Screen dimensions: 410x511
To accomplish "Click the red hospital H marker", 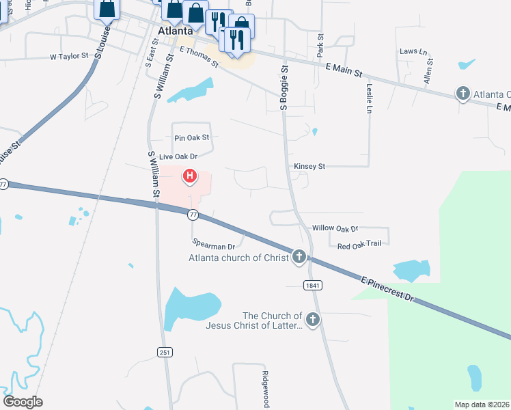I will tap(190, 178).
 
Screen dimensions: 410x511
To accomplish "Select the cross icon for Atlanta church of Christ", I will tap(299, 258).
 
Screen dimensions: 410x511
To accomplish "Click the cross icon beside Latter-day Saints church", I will tap(313, 320).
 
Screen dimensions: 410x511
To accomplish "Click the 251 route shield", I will tap(164, 352).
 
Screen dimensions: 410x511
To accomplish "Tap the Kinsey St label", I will tap(309, 166).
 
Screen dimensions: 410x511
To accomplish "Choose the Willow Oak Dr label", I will tap(335, 228).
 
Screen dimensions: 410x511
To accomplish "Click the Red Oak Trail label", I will tap(359, 244).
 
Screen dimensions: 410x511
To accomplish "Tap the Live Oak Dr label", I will tap(178, 156).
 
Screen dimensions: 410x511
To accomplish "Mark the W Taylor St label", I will tap(69, 57).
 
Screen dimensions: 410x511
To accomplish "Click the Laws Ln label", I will tap(413, 51).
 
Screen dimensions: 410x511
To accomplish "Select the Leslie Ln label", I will tap(369, 98).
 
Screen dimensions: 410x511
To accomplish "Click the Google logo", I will tap(23, 401).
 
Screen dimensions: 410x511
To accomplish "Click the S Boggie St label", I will tap(284, 87).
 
